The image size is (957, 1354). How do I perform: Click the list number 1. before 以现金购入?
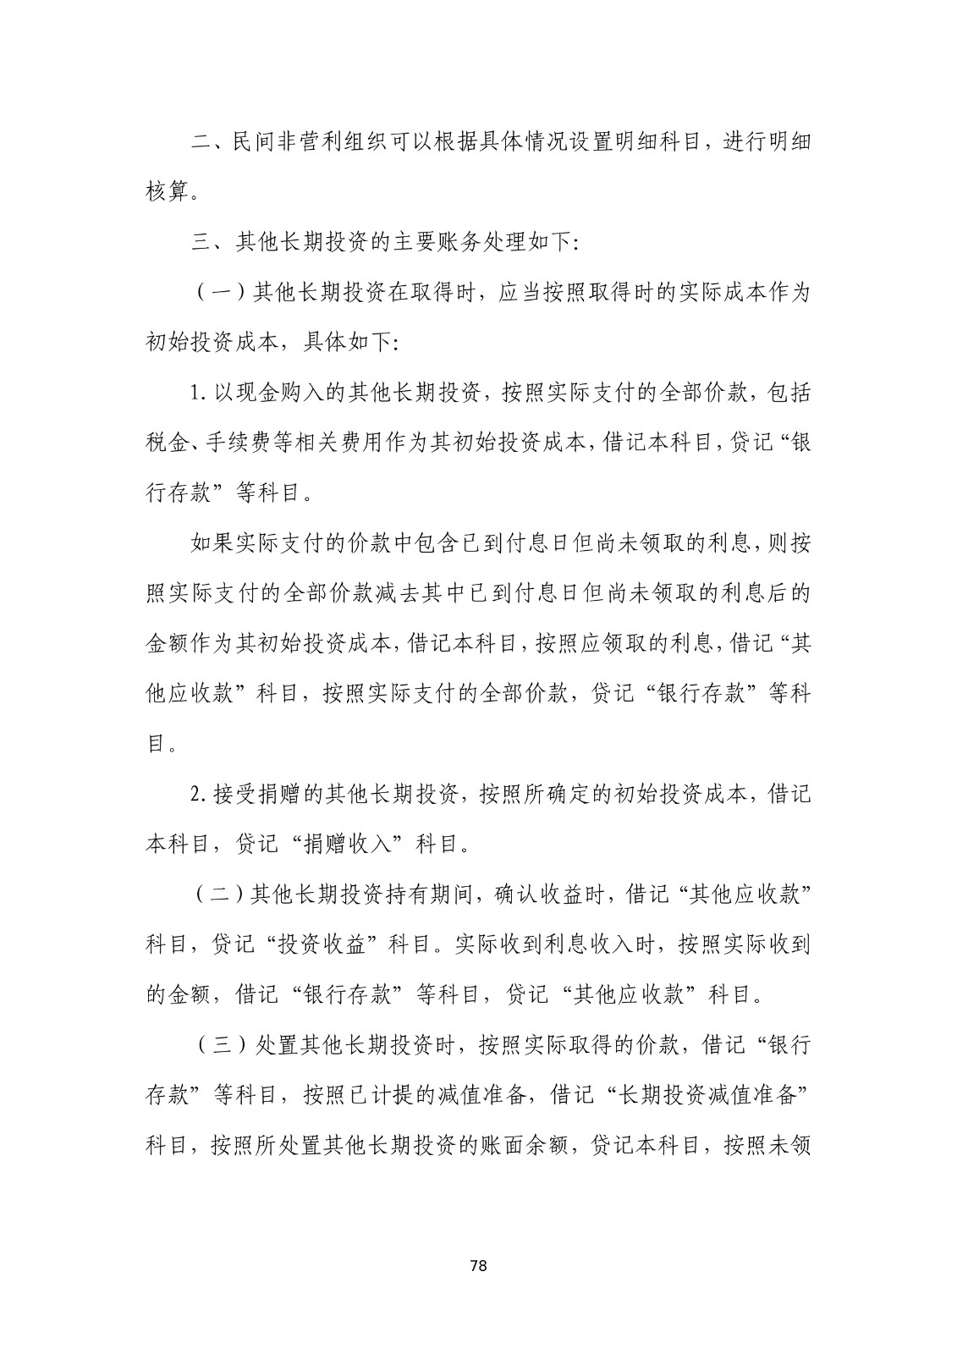(x=199, y=393)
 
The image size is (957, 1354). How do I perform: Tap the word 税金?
(x=167, y=443)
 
